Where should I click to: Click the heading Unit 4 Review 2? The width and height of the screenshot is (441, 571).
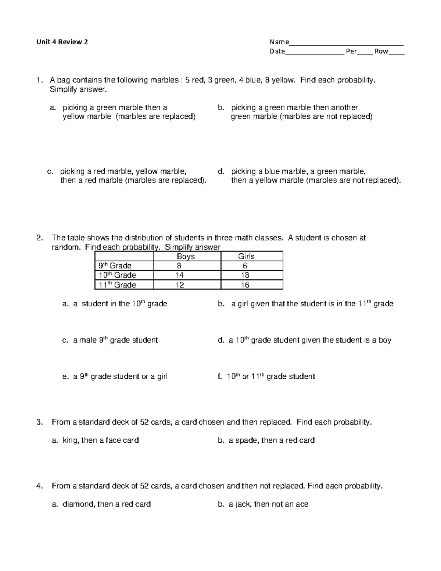coord(62,42)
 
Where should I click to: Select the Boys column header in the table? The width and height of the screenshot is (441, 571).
coord(186,256)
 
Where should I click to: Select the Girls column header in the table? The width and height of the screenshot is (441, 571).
coord(246,256)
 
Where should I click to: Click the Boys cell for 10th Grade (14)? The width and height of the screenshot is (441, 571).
coord(179,275)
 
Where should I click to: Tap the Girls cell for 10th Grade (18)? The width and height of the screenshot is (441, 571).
coord(245,275)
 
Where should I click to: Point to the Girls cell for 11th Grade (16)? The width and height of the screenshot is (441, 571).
coord(245,285)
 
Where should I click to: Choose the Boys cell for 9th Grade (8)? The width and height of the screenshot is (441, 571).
coord(179,266)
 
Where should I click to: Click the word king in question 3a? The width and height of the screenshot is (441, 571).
coord(70,440)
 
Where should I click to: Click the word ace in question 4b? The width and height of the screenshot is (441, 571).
coord(302,504)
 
